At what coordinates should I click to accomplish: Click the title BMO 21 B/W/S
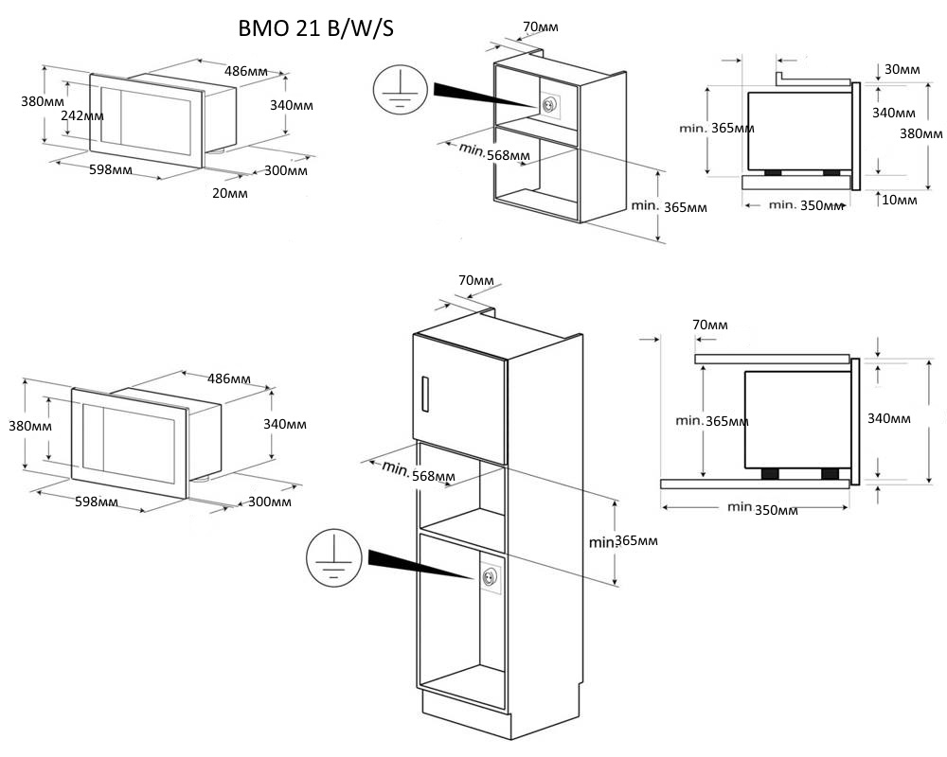point(316,29)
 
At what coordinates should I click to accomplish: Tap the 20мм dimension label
point(230,193)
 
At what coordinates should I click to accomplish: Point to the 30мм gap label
point(901,70)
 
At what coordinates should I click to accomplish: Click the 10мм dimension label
point(901,200)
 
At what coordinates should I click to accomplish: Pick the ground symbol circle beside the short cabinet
point(399,91)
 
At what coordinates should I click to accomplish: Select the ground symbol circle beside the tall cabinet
point(331,559)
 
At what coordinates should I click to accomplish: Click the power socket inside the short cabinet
point(548,105)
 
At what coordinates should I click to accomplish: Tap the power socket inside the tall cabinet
point(490,577)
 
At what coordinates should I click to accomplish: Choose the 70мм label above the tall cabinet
point(476,281)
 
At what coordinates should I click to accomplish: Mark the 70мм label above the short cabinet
point(540,26)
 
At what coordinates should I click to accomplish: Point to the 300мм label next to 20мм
point(285,171)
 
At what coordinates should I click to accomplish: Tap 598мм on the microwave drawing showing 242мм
point(110,170)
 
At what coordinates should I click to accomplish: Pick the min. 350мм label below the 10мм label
point(805,204)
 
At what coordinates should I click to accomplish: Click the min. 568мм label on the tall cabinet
point(418,472)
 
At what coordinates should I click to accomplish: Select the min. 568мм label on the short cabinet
point(493,153)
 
